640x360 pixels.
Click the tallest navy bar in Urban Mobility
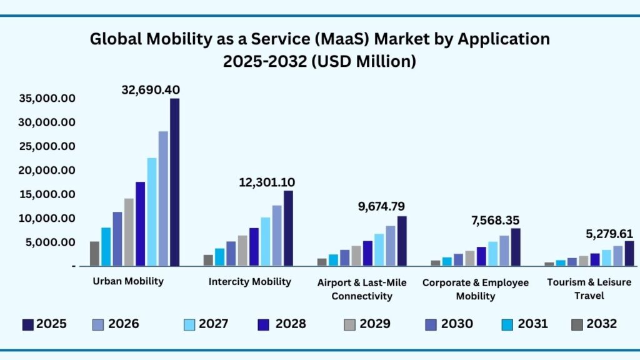click(x=174, y=181)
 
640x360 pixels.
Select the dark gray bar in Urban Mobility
click(x=94, y=253)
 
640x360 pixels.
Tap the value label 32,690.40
click(x=150, y=89)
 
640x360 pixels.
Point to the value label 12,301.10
click(x=267, y=182)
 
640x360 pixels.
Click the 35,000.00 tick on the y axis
click(x=47, y=98)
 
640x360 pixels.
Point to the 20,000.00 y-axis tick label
click(x=47, y=170)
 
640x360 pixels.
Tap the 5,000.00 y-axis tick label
click(x=50, y=242)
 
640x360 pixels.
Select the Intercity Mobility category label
click(x=250, y=282)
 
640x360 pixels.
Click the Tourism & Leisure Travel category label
click(x=589, y=289)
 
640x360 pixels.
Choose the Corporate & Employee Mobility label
click(x=475, y=289)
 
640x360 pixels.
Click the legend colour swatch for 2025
click(x=27, y=324)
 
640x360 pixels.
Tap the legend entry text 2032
click(x=602, y=324)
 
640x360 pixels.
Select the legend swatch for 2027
click(x=189, y=324)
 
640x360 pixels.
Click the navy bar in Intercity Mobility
click(x=288, y=227)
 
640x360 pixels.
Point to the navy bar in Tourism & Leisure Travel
click(x=629, y=253)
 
